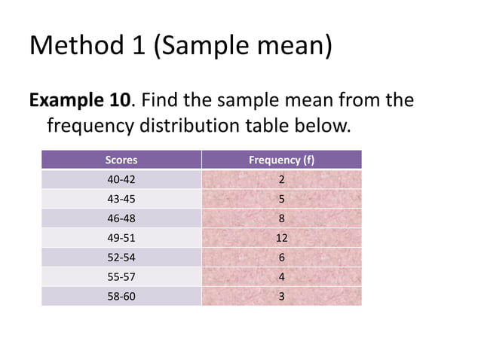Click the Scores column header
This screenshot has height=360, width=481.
pos(121,160)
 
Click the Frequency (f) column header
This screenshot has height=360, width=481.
pos(281,160)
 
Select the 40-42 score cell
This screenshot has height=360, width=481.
pos(121,180)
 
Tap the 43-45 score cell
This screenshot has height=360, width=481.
pos(121,200)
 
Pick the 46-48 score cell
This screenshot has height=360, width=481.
pos(121,219)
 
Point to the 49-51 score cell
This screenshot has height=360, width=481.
pos(121,238)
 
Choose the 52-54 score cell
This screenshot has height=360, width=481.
pos(121,258)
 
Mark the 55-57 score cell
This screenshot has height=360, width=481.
pos(121,277)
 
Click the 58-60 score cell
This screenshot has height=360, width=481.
pos(121,297)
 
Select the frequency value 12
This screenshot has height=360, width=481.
pos(281,238)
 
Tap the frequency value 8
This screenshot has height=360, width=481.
pos(281,219)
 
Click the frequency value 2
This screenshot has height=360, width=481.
pos(281,180)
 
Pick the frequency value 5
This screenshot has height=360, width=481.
pos(281,200)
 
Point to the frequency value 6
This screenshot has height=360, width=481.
pos(281,258)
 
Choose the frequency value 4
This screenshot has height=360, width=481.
pos(281,277)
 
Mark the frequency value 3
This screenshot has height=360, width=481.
pos(281,297)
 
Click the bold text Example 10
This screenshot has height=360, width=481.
pos(81,99)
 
